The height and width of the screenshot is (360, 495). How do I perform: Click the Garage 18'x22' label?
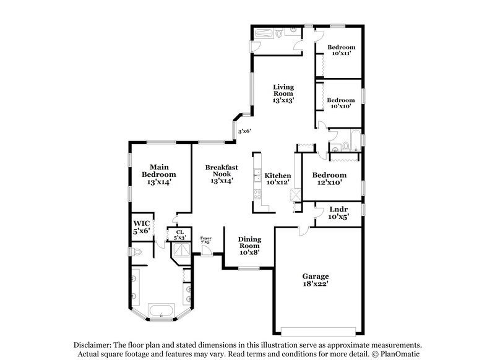point(316,280)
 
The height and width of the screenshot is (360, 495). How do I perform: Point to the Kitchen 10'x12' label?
point(278,179)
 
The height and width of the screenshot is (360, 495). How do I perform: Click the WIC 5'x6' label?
point(141,227)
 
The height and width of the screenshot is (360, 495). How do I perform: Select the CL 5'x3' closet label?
point(179,234)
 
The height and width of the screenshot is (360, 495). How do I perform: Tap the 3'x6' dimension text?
point(245,131)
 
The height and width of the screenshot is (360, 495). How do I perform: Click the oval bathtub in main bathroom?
point(161,311)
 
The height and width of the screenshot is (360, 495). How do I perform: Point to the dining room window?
point(249,268)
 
